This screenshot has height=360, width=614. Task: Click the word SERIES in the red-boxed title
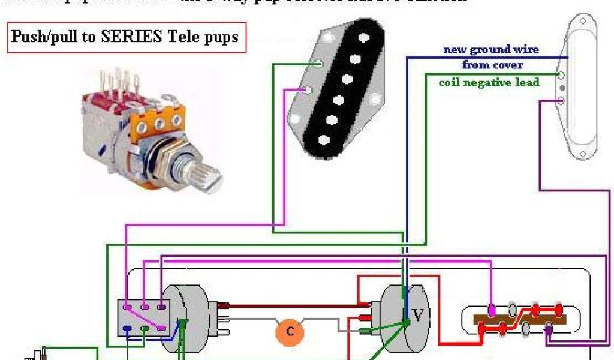(132, 37)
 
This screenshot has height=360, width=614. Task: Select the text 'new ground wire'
(491, 50)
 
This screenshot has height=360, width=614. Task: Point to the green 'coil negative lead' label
(489, 82)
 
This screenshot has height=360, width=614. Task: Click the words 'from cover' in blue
(492, 65)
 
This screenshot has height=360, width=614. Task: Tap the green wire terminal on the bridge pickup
(320, 63)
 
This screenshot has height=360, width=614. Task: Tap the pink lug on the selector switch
(492, 311)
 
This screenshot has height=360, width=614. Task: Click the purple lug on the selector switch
(549, 329)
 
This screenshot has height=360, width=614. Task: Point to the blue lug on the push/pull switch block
(127, 328)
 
